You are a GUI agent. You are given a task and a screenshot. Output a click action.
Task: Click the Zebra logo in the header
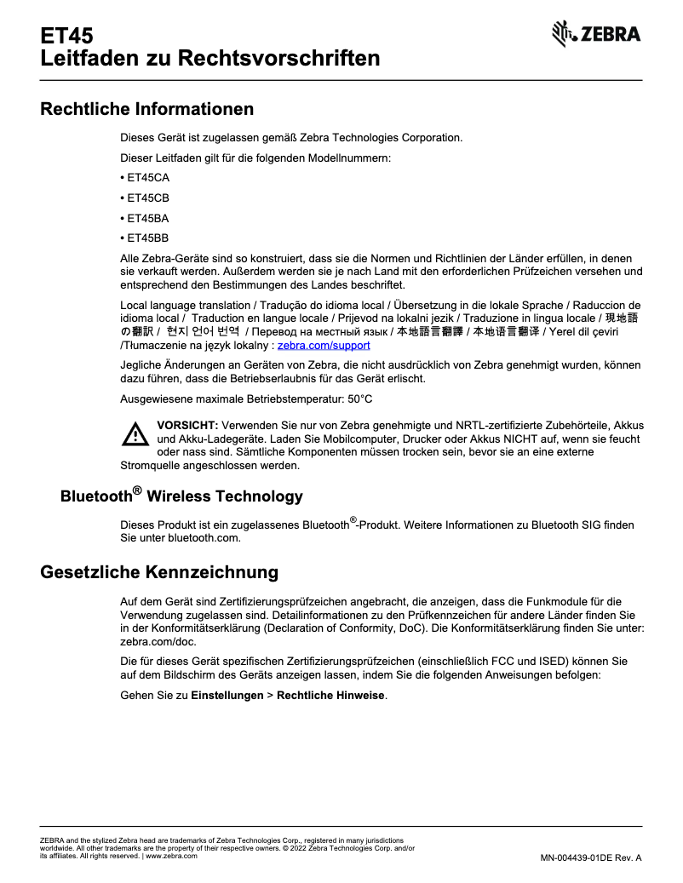596,34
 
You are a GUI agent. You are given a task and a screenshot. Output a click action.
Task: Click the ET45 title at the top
66,36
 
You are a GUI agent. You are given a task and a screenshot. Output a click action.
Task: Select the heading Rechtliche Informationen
147,109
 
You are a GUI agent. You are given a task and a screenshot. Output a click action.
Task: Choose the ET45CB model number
147,198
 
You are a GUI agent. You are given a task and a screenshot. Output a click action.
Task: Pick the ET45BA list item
147,218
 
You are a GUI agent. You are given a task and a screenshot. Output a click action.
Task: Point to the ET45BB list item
147,238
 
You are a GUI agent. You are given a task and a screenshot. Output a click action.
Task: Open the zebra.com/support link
324,346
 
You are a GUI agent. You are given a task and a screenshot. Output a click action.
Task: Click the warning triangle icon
135,435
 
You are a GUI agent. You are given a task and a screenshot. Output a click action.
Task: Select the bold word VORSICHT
187,425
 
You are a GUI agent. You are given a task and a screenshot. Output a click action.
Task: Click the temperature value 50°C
360,398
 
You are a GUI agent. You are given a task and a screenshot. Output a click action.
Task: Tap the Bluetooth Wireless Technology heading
181,496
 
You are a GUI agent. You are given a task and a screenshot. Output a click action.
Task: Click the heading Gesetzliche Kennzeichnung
159,571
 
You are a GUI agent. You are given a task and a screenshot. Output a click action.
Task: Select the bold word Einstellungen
227,696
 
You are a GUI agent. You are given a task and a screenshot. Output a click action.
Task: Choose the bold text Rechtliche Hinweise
331,696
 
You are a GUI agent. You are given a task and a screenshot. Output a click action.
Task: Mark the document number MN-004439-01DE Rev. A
590,857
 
